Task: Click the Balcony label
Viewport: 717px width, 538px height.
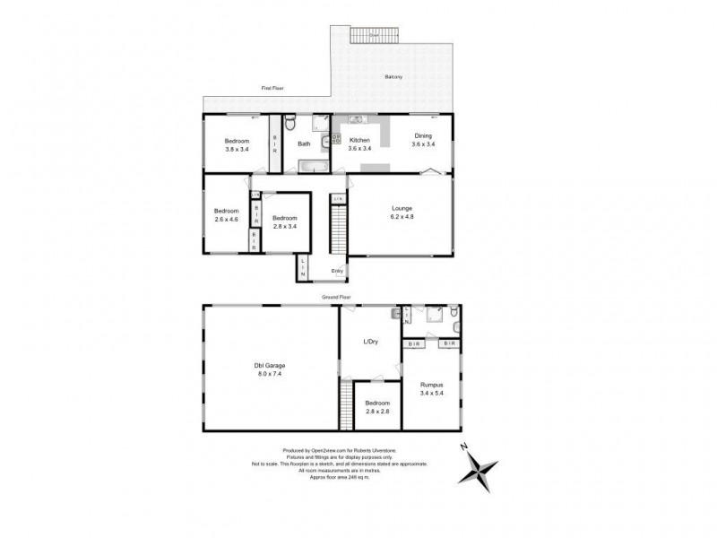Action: point(393,77)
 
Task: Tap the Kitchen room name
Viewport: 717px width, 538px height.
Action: point(359,141)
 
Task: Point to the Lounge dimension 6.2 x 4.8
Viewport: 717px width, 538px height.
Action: point(402,216)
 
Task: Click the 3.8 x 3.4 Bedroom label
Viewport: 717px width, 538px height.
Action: point(238,145)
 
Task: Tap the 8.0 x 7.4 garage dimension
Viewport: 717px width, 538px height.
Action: point(270,373)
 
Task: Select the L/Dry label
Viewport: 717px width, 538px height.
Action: point(369,342)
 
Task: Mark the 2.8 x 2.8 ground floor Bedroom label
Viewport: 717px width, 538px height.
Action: point(376,409)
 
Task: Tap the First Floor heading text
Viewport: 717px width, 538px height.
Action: point(272,89)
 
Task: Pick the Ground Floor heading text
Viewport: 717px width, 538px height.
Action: point(339,295)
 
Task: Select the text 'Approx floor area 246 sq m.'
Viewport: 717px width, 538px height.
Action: point(338,476)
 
